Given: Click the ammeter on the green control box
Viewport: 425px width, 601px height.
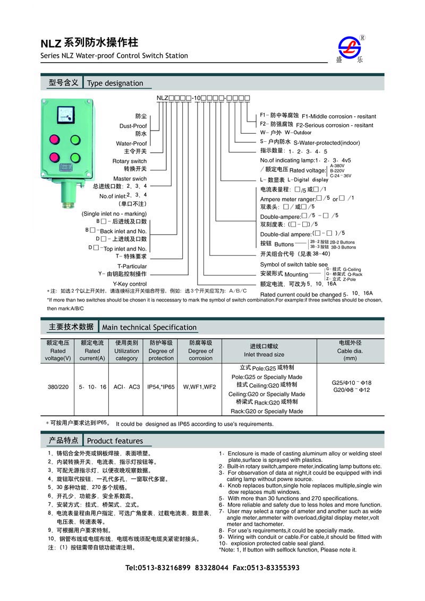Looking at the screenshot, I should click(66, 116).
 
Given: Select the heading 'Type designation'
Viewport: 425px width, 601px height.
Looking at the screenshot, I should click(115, 83).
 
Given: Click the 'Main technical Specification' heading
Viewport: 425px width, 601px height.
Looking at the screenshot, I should click(149, 328).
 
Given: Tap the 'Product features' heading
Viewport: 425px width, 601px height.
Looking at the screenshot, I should click(115, 441).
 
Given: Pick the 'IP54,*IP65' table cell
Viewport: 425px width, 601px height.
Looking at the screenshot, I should click(161, 387).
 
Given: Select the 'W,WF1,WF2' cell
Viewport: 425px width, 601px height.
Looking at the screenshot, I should click(200, 387).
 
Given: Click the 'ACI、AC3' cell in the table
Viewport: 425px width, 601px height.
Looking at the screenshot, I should click(126, 387).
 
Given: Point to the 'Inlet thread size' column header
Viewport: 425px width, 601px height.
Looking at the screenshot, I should click(264, 355).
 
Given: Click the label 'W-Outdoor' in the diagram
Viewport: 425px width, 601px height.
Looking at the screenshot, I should click(298, 133).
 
